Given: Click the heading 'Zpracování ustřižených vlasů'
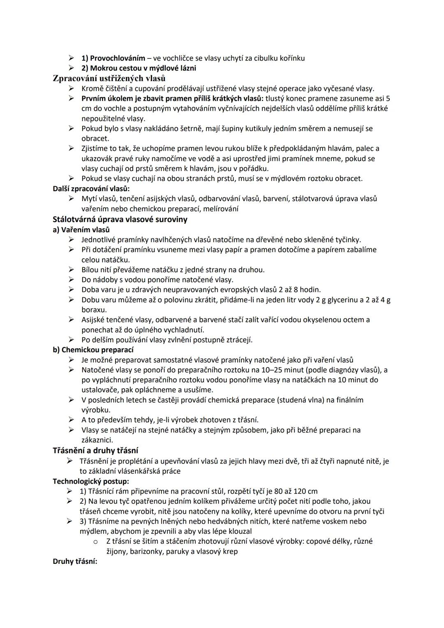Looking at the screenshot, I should (x=109, y=78).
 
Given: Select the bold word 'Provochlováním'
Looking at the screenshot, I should (x=118, y=58).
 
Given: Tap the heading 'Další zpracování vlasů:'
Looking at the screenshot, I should (x=91, y=188).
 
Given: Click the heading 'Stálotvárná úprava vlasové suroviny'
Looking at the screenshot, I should (x=120, y=219).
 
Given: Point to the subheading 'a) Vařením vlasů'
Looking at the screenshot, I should (x=81, y=229).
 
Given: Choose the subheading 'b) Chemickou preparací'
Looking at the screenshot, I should (x=93, y=350).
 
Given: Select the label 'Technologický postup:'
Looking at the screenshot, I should (x=91, y=481).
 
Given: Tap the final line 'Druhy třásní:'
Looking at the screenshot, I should (x=75, y=561).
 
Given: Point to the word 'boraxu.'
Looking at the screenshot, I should (x=94, y=310).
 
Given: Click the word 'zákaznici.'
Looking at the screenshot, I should (x=97, y=440).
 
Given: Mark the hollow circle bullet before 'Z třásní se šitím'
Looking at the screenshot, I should (x=95, y=541).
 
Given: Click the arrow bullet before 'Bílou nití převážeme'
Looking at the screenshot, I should (x=72, y=270).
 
